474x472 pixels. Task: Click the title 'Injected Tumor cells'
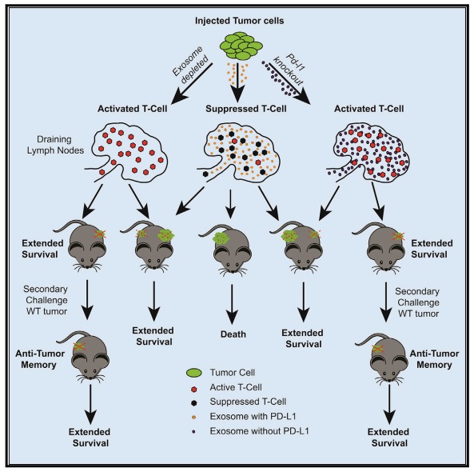240,21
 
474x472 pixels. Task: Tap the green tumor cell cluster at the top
241,46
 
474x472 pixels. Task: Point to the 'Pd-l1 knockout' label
289,70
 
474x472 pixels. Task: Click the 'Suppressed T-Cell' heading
246,109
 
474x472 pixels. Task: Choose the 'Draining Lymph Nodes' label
55,145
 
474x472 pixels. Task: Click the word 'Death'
233,334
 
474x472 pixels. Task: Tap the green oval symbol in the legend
193,373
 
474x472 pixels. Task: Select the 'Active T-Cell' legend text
236,387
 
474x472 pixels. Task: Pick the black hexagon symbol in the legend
193,403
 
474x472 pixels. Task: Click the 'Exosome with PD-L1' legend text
253,416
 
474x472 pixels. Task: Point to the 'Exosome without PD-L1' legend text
259,431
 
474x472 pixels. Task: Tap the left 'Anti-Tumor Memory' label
40,359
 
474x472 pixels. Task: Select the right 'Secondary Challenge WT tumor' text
418,302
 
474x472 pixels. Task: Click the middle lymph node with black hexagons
238,152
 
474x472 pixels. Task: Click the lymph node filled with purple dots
368,152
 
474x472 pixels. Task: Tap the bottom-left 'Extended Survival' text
90,438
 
